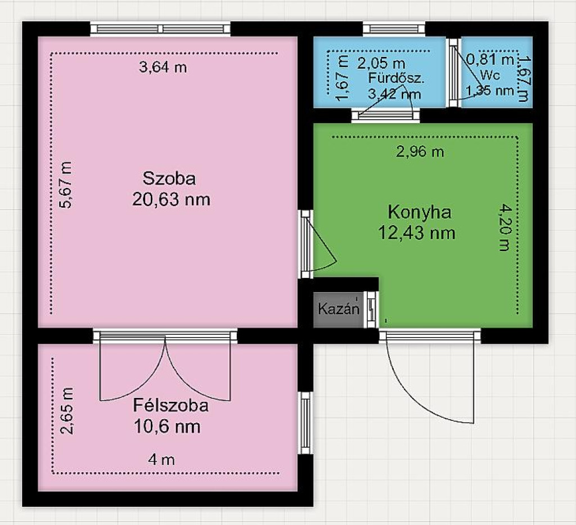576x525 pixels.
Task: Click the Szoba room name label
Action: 169,178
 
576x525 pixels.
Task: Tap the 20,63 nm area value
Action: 171,200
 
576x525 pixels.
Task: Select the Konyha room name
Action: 420,212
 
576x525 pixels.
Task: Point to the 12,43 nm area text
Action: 417,233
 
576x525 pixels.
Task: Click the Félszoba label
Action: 171,406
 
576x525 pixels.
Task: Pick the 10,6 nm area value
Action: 168,427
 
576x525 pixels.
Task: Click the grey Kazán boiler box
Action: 338,309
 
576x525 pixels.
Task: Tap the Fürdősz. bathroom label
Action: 396,78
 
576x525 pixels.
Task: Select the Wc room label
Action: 490,75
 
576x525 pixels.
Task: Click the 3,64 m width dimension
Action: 163,67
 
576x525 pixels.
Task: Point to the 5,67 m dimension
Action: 66,185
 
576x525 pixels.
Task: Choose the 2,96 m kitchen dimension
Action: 420,151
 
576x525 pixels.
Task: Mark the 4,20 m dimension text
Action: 505,228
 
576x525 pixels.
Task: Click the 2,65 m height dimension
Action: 67,411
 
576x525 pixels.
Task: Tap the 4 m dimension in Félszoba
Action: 161,460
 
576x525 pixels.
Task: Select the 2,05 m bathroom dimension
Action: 381,64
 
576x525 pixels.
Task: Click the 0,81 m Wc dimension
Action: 490,60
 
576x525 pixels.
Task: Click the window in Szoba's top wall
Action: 160,29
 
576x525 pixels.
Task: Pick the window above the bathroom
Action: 394,29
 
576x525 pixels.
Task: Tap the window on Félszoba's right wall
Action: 305,423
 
